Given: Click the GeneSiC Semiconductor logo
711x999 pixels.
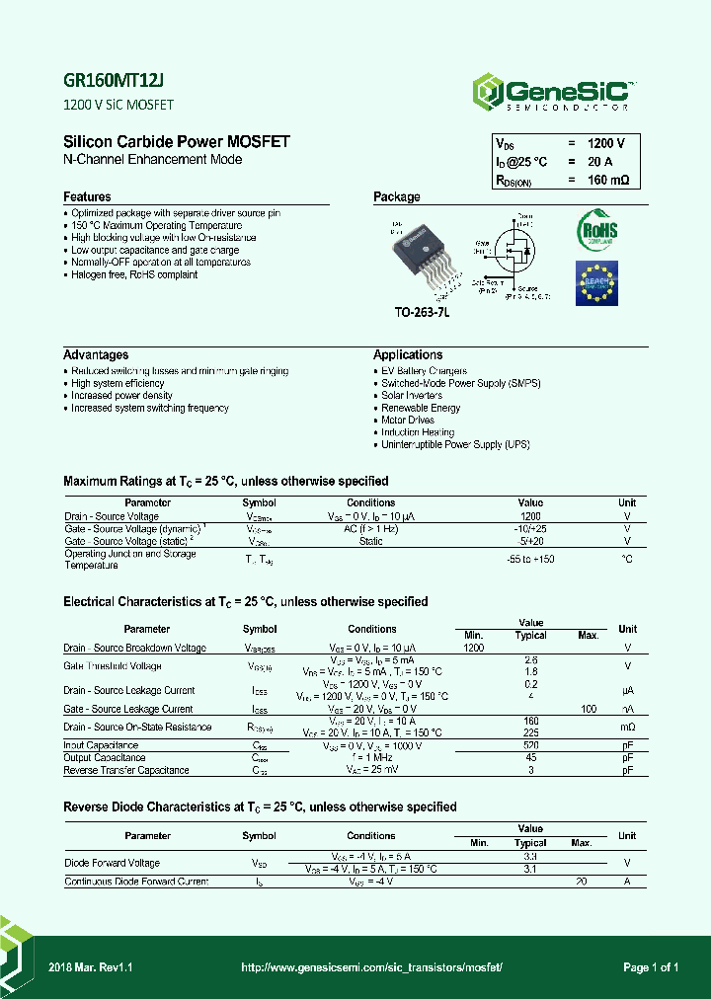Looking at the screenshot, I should click(x=553, y=91).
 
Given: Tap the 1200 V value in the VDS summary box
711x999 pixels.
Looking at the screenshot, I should click(x=605, y=143).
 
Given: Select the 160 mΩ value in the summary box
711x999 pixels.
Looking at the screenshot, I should click(x=605, y=181).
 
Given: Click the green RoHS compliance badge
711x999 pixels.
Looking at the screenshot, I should click(x=596, y=230).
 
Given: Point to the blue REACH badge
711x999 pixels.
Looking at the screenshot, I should click(x=596, y=284).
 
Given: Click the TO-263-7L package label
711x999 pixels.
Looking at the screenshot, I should click(x=422, y=312).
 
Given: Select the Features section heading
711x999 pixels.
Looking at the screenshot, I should click(x=87, y=197).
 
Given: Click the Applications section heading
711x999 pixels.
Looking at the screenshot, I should click(x=407, y=355).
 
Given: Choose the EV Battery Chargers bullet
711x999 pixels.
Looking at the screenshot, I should click(x=424, y=371).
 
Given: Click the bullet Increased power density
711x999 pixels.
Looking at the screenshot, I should click(x=121, y=396).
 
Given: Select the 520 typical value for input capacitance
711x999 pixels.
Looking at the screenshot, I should click(x=530, y=745).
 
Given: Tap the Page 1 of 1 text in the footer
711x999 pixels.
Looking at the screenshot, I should click(x=651, y=968).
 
